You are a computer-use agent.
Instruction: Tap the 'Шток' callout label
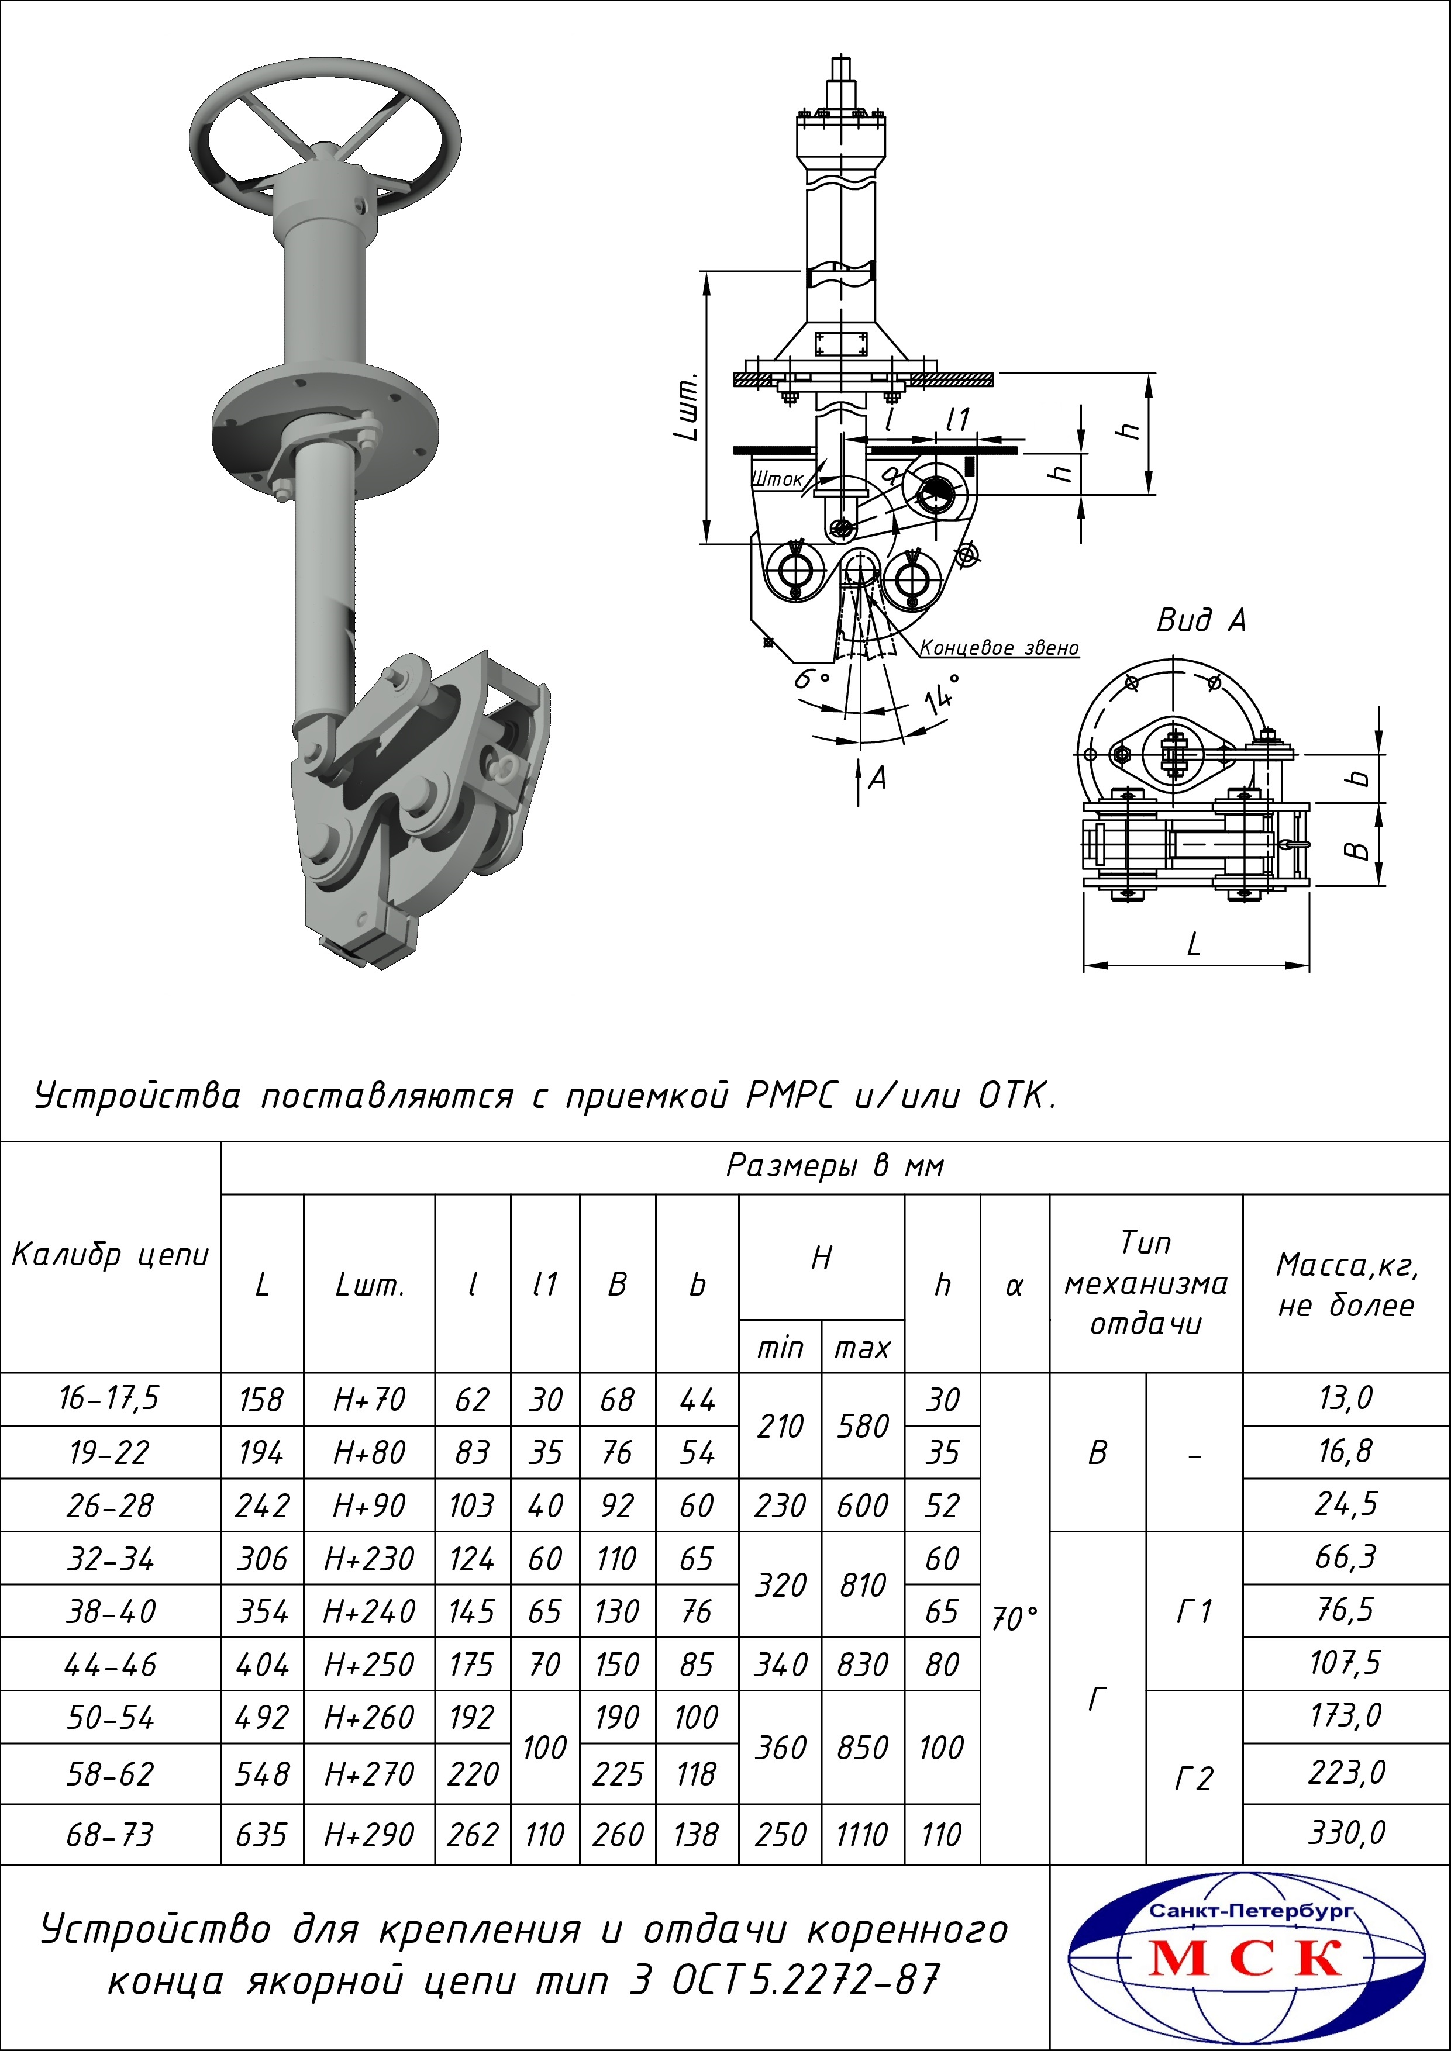778,479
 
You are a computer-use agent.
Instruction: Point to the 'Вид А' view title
1201,620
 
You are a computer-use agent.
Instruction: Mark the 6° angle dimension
812,680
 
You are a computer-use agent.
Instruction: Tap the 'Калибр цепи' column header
110,1255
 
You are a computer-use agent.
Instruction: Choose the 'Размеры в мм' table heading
835,1166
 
